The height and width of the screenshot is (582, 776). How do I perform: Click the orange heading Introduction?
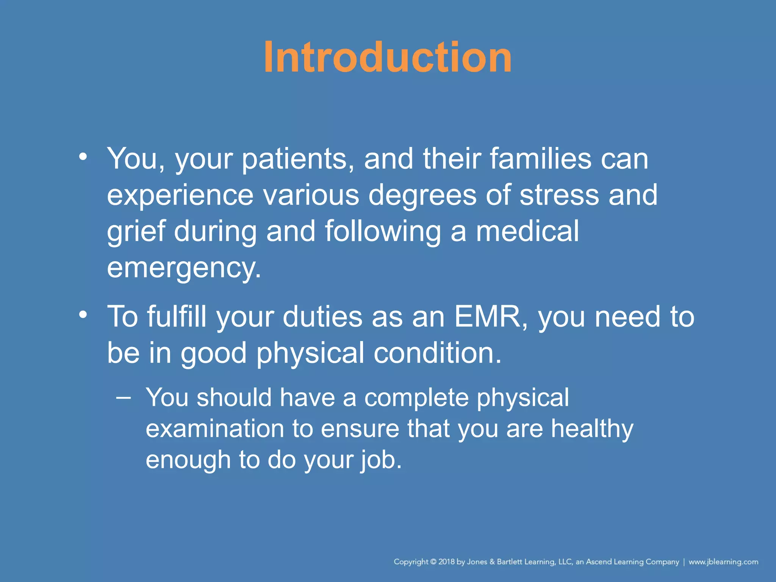(388, 57)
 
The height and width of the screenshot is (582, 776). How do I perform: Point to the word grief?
(136, 232)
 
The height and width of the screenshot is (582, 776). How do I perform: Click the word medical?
(527, 231)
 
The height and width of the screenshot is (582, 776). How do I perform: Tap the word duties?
(322, 316)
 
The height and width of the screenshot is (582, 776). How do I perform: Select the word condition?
(437, 353)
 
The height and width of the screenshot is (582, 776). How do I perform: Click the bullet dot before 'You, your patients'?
(83, 157)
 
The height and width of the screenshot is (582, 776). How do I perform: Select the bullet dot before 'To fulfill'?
(83, 315)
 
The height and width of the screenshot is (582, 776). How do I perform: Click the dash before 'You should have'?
(124, 397)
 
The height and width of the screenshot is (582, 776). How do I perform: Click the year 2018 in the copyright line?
(446, 562)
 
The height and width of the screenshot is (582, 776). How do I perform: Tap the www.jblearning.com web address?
(723, 562)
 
